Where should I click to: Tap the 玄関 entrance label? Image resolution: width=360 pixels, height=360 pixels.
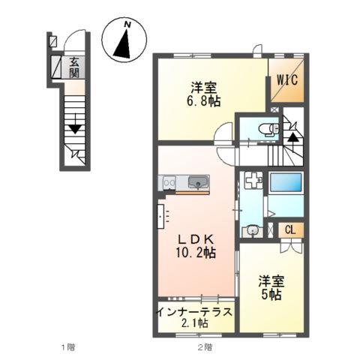[x=75, y=67]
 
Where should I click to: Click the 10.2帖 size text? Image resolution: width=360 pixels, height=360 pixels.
[x=196, y=253]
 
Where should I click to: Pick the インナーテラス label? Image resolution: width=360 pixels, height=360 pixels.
[x=195, y=310]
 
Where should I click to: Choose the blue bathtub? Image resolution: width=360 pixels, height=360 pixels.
[x=285, y=182]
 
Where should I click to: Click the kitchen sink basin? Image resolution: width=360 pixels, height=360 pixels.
[x=198, y=182]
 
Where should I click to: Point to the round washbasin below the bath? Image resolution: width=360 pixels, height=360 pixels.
[x=253, y=230]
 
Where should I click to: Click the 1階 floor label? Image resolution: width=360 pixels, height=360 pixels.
[x=66, y=347]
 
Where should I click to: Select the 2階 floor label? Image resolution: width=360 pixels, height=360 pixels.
[x=203, y=347]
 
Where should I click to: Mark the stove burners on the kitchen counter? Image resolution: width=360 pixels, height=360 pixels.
[x=169, y=182]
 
